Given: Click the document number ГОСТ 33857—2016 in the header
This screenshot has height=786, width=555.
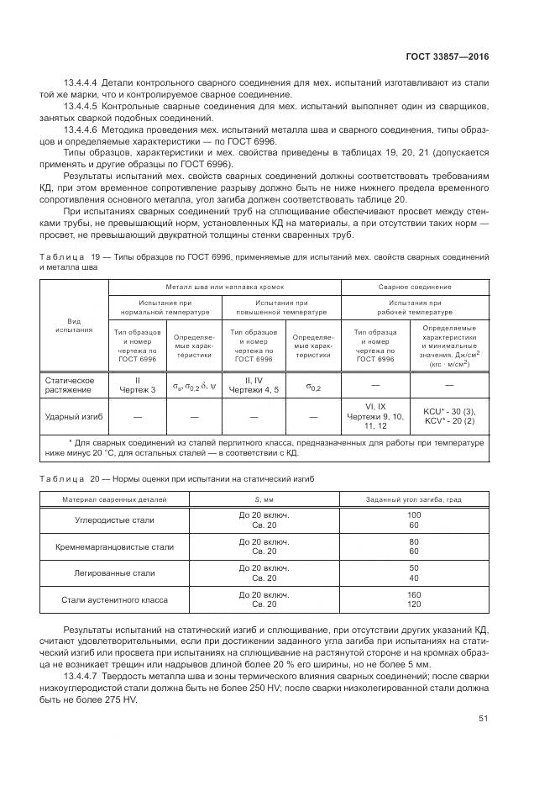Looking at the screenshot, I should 448,56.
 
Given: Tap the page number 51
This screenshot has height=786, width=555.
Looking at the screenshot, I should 484,719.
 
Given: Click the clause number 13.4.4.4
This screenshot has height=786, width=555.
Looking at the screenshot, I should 81,82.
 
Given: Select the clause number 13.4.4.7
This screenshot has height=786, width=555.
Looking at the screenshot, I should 81,676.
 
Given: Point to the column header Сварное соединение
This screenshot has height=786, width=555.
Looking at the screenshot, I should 414,287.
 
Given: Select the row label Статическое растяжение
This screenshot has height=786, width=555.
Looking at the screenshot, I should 69,385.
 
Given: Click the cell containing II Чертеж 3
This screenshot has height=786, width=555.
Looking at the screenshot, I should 139,385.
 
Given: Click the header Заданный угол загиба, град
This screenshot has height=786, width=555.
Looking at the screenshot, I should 414,499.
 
